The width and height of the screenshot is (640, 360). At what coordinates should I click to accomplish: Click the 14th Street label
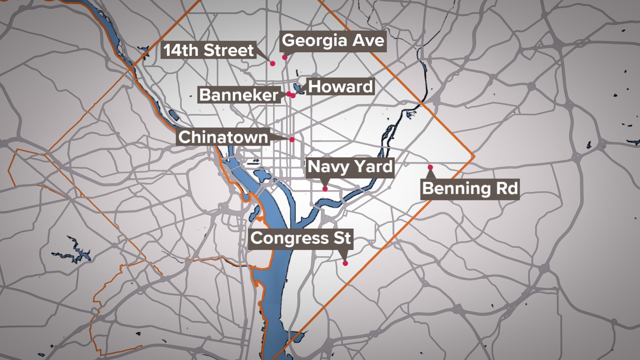coord(209,50)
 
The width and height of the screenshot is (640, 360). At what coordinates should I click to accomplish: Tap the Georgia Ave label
coord(333,41)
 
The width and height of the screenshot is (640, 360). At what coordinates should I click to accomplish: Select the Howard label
coord(340,87)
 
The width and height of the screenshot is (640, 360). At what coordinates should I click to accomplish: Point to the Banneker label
coord(239,95)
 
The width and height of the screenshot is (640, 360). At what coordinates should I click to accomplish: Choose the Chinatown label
coord(223,137)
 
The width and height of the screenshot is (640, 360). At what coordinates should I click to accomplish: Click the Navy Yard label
coord(350,167)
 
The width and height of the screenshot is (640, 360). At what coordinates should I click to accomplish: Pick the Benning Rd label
coord(470,189)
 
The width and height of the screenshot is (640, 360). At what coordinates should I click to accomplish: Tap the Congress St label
coord(300,238)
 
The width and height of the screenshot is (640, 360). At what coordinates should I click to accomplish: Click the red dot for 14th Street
coord(273,63)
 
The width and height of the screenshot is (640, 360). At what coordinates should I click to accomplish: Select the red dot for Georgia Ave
coord(284,57)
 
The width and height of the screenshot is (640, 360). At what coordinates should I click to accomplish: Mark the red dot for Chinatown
coord(292,139)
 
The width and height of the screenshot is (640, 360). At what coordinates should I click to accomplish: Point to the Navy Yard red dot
coord(325,189)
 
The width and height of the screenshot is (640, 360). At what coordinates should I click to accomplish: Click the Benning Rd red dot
coord(430,167)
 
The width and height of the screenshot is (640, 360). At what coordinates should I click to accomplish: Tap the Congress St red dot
coord(345,263)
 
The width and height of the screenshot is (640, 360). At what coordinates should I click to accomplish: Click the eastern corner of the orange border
coord(474,156)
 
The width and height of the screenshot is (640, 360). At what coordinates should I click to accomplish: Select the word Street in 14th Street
coord(229,50)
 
